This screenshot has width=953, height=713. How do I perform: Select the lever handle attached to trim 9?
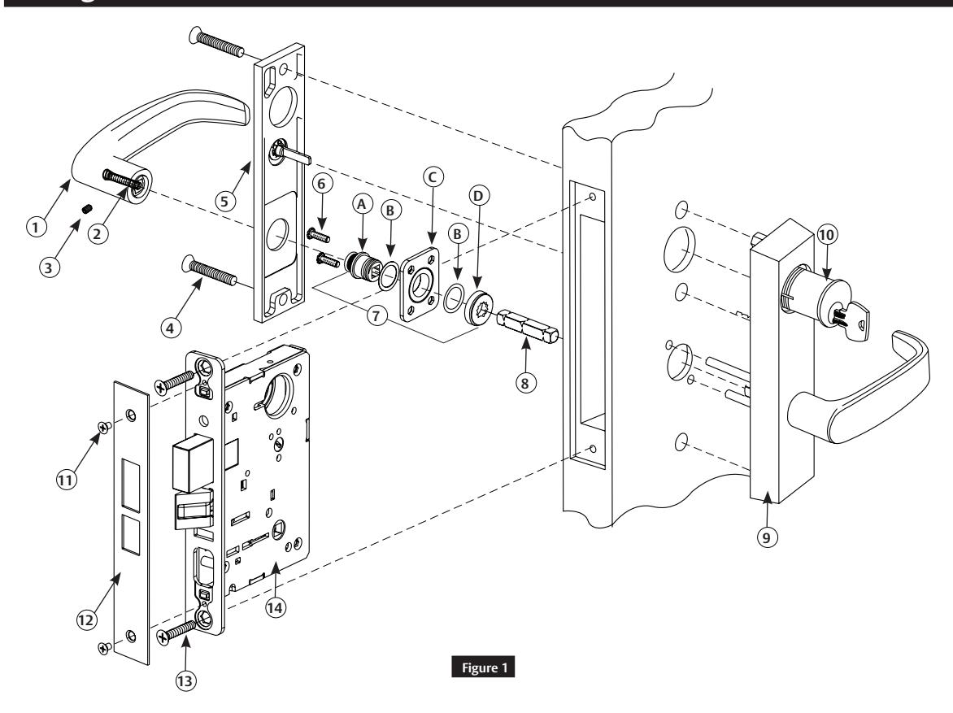[870, 390]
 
